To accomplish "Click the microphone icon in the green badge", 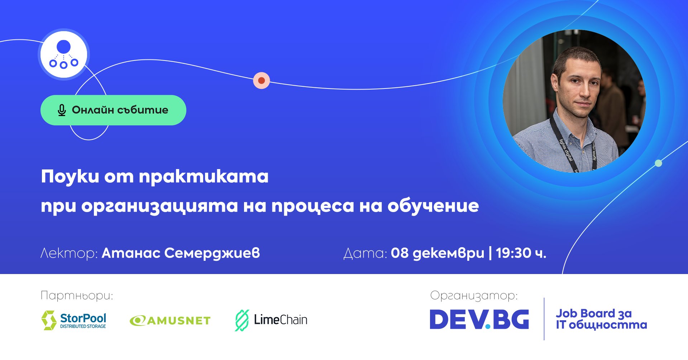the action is point(62,110).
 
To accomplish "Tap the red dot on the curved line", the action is point(262,81).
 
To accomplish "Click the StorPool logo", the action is point(74,320).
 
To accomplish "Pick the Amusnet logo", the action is point(170,320).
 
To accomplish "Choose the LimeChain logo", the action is point(271,320).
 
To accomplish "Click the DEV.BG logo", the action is point(479,319).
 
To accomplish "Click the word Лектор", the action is point(69,253).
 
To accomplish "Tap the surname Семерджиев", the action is point(212,253).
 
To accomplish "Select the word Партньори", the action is point(77,296).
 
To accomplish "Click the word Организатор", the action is point(474,296).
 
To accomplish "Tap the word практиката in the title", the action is point(204,177).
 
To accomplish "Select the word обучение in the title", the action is point(433,206).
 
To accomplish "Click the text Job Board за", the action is point(594,313).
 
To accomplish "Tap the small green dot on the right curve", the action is point(658,163).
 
